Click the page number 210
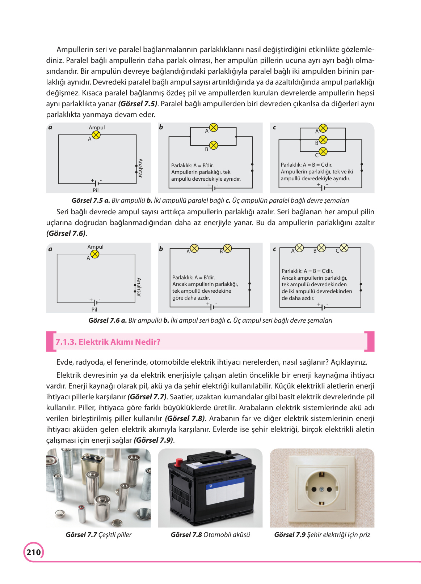(x=34, y=552)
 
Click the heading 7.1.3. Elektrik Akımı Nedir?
(x=108, y=342)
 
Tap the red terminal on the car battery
(x=178, y=462)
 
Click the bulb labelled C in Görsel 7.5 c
(x=323, y=151)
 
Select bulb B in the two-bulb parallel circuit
(x=214, y=145)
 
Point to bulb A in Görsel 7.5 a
(x=96, y=135)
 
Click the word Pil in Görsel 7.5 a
(x=96, y=190)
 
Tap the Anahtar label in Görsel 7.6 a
(x=139, y=287)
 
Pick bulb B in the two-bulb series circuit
(x=227, y=248)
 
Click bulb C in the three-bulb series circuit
(x=344, y=248)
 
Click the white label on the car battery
(x=226, y=490)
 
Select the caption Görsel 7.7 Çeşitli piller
(x=98, y=535)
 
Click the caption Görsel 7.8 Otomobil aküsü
(x=210, y=535)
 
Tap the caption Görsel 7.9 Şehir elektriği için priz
(x=322, y=535)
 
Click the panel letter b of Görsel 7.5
(x=161, y=127)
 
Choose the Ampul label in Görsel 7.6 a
(x=95, y=247)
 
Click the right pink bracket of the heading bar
(x=370, y=341)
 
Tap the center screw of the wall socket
(x=321, y=489)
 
